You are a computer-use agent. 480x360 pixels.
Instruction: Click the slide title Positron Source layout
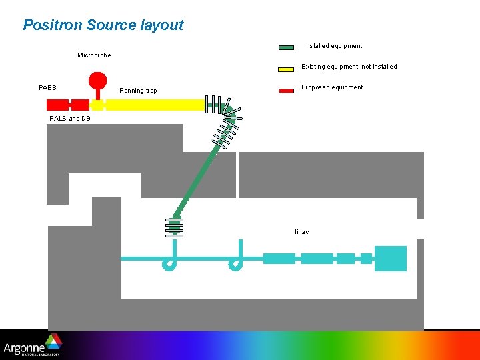point(103,25)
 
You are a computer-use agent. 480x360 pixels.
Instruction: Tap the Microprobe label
point(94,55)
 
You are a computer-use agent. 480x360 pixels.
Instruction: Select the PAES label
point(48,87)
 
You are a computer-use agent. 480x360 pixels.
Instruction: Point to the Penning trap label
point(138,91)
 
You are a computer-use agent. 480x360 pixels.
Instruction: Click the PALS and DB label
point(70,119)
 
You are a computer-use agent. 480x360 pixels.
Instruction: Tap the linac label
point(302,232)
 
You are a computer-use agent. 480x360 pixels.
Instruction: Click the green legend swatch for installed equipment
point(286,47)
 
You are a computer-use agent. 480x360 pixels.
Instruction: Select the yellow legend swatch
point(286,68)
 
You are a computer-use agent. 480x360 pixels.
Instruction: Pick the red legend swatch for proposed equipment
point(286,89)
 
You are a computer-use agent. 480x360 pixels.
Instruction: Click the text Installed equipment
point(333,46)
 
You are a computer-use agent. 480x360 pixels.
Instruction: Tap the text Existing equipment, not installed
point(349,67)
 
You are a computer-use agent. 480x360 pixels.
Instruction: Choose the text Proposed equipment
point(332,87)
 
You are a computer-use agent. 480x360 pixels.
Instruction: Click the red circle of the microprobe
point(98,80)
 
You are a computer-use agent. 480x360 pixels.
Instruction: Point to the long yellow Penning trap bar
point(155,105)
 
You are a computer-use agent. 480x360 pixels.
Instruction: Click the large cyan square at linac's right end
point(390,259)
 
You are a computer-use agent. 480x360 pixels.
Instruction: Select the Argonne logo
point(33,345)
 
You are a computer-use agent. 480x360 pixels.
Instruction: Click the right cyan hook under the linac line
point(236,261)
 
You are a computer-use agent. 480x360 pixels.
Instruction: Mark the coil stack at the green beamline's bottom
point(174,227)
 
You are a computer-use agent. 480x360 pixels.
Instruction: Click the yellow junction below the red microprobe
point(97,105)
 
